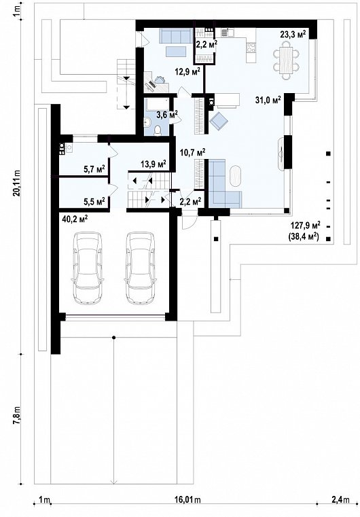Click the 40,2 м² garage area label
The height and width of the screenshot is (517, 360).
tap(75, 219)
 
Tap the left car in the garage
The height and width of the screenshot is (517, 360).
tap(88, 268)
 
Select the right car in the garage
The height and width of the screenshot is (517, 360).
tap(140, 268)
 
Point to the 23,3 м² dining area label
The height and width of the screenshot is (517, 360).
tap(293, 35)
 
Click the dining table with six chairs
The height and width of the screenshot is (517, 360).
tap(286, 62)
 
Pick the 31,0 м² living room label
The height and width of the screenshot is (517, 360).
tap(268, 100)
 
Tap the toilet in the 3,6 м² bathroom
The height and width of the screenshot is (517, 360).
tap(158, 130)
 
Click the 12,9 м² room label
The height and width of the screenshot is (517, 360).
tap(188, 71)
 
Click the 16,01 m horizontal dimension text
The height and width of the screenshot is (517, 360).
tap(187, 500)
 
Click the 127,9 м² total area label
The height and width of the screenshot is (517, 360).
tap(306, 226)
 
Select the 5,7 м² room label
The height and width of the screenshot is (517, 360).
tap(94, 169)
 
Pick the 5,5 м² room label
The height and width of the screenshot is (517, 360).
tap(94, 201)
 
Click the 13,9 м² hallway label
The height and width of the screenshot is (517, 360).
tap(153, 164)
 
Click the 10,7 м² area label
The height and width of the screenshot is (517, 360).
tap(193, 152)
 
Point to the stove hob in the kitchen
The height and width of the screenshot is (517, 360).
tap(251, 48)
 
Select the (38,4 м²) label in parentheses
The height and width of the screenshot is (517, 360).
tap(304, 236)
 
